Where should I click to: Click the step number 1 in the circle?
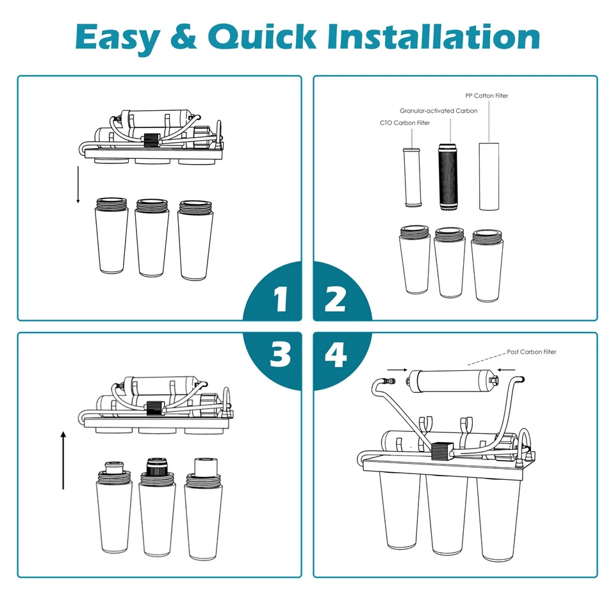coord(280,300)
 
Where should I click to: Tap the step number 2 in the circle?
coord(335,300)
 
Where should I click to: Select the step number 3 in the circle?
coord(280,354)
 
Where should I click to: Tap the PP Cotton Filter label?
coord(487,95)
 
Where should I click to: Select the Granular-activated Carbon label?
coord(439,111)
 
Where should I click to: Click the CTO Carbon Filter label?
coord(405,122)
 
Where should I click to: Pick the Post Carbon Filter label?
coord(532,352)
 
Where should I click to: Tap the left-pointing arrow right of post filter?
coord(507,368)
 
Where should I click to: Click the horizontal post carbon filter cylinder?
coord(451,382)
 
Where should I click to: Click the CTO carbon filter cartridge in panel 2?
coord(412,178)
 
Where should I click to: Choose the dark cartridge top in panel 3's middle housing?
coord(156,466)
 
